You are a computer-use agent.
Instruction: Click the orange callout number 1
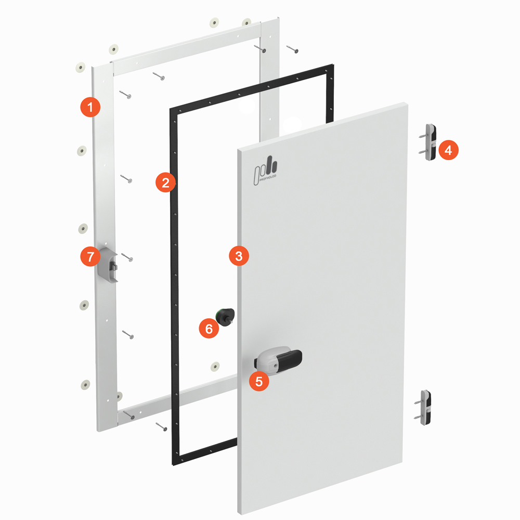pos(90,107)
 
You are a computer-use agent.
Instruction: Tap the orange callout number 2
pos(165,182)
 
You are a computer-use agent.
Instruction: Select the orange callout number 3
pos(239,256)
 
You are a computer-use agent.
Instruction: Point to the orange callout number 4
pos(448,150)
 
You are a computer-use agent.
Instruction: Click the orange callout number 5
pos(259,381)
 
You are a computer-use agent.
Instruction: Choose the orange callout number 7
pos(90,256)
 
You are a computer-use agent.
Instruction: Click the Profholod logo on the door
pos(265,171)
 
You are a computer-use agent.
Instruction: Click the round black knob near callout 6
pos(226,317)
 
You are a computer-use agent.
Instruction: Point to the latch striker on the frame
pos(108,265)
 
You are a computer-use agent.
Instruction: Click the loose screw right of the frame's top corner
pos(292,49)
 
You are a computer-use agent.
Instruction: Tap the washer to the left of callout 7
pos(83,228)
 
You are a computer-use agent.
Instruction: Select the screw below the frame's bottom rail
pos(162,426)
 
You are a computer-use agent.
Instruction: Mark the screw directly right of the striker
pos(127,257)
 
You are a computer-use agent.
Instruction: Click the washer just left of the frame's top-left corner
pos(81,67)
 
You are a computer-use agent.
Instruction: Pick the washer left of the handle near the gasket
pos(215,367)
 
